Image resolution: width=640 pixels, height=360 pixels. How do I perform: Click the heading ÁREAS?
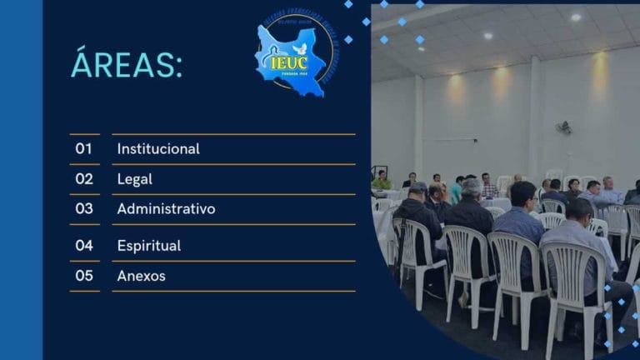tap(126, 65)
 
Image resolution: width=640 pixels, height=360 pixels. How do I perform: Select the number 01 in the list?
tap(84, 148)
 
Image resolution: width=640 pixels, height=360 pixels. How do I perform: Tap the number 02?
tap(84, 178)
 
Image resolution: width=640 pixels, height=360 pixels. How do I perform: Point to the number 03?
tap(84, 208)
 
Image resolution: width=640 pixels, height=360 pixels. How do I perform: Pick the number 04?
tap(84, 245)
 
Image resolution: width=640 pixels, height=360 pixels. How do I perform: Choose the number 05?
tap(84, 275)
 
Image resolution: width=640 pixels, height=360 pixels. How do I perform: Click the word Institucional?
tap(158, 149)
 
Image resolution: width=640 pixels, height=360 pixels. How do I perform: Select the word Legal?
tap(134, 179)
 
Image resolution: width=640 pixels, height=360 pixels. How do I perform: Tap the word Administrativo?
tap(166, 209)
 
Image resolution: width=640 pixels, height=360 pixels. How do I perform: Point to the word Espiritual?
tap(148, 246)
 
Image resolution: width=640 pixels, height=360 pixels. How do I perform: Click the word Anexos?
tap(141, 276)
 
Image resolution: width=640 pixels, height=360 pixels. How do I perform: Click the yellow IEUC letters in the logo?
tap(288, 62)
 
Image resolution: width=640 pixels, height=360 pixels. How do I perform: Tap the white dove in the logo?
tap(299, 49)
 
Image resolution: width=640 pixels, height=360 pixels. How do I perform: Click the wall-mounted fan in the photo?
tap(564, 127)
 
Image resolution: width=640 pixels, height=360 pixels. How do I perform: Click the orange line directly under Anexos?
tap(233, 291)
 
